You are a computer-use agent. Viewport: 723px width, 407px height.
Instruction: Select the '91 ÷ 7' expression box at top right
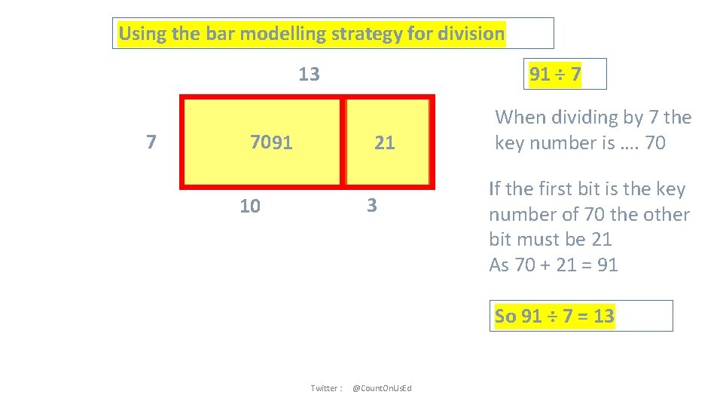[556, 75]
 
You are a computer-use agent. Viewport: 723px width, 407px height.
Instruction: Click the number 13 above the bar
[309, 75]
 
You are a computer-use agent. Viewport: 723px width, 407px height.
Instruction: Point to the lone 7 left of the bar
[151, 142]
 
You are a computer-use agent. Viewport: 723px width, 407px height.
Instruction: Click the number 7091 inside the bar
[271, 142]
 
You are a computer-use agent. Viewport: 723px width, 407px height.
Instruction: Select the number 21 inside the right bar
[384, 142]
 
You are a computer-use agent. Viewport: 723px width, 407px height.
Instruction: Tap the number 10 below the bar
[250, 206]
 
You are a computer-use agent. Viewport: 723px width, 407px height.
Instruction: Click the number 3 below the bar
[371, 206]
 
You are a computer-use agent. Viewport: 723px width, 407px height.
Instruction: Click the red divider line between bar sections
[343, 142]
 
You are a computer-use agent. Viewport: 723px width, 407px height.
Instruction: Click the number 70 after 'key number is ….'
[655, 143]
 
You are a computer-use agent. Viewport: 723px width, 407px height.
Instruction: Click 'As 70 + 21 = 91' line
[554, 265]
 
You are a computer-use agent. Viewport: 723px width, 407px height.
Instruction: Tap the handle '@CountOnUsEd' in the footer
[382, 388]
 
